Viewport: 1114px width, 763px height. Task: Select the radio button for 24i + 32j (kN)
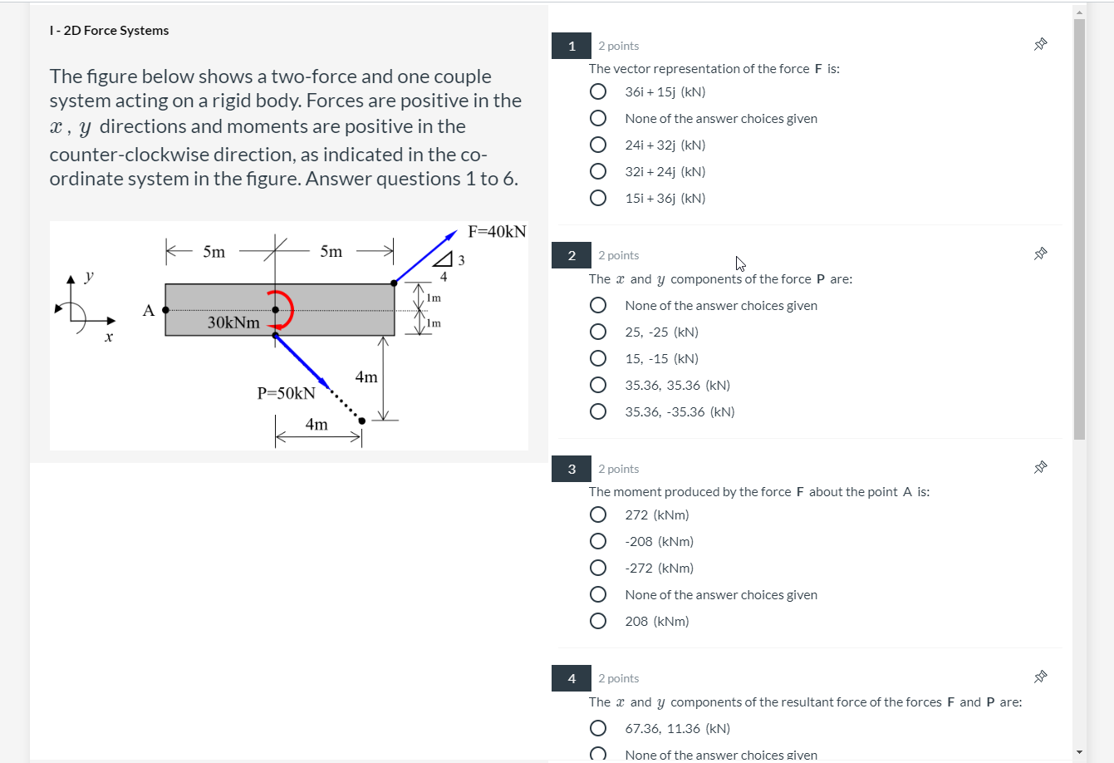[x=598, y=145]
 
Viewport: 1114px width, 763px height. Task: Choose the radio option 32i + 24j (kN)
[x=598, y=171]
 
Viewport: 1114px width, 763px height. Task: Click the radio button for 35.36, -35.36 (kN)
[x=598, y=411]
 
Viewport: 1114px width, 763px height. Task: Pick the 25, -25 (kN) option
[x=598, y=332]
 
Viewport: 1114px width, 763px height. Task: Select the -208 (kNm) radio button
[x=598, y=541]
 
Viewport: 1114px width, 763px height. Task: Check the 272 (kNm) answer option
[x=598, y=514]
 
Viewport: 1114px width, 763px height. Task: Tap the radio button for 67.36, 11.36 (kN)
[x=598, y=728]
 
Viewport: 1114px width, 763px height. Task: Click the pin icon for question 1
[x=1040, y=45]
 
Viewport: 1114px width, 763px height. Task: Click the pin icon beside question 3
[x=1040, y=468]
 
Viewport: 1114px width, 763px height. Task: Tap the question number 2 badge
[x=572, y=255]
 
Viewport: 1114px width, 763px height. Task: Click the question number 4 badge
[x=572, y=678]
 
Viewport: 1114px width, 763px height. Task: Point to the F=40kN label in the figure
[x=497, y=231]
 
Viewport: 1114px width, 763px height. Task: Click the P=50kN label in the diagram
[x=286, y=393]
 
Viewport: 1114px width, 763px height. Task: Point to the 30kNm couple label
[x=233, y=322]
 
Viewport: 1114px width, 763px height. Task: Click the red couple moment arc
[x=288, y=309]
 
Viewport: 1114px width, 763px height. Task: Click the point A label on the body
[x=149, y=311]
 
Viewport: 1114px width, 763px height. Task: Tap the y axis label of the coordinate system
[x=90, y=275]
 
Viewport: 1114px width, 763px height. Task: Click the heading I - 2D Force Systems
[x=109, y=31]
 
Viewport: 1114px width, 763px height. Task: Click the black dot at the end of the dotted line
[x=361, y=421]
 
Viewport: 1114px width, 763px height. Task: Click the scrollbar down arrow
[x=1079, y=752]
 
